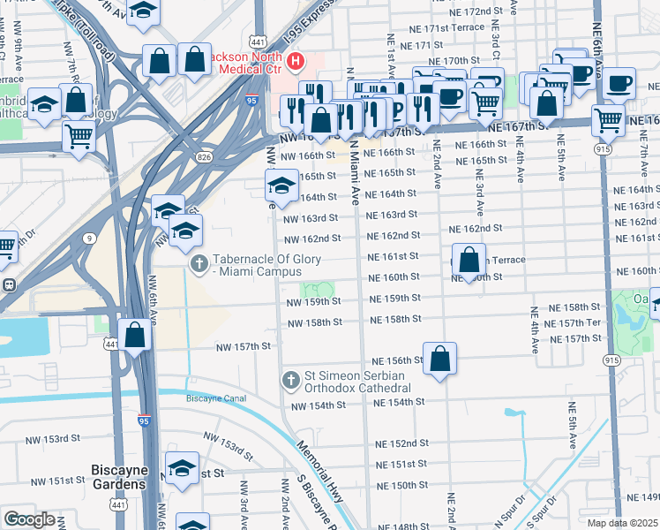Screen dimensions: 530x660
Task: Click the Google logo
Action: [x=29, y=519]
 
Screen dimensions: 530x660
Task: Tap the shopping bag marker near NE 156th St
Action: [x=439, y=359]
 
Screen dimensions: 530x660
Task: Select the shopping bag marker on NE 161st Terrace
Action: [x=469, y=261]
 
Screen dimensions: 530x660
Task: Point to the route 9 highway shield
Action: [x=92, y=238]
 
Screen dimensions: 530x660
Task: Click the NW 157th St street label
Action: [x=243, y=347]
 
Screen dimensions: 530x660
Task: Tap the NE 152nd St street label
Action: [x=401, y=443]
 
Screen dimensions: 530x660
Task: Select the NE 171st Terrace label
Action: [x=442, y=27]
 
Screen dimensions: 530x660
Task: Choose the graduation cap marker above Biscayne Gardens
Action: [x=182, y=468]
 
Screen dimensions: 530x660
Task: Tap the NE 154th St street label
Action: [x=399, y=402]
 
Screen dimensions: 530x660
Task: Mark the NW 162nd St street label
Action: [x=311, y=238]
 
